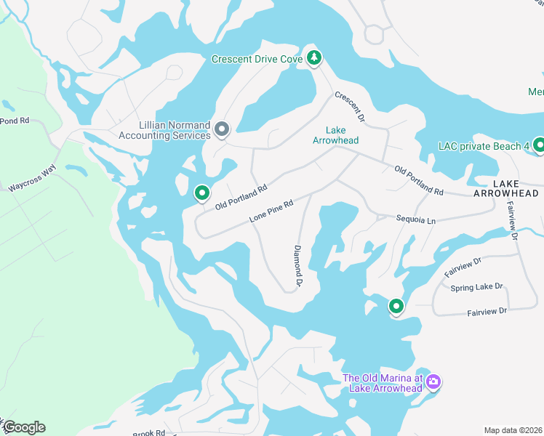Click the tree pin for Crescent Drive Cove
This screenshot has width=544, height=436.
click(313, 57)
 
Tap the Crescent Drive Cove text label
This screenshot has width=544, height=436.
click(257, 60)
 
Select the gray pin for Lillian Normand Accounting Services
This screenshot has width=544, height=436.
click(223, 130)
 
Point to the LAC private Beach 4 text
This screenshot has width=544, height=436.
click(484, 147)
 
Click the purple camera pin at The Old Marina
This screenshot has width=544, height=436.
click(433, 381)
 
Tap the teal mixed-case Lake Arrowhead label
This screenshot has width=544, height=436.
click(335, 135)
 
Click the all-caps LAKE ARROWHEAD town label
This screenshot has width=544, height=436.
click(506, 188)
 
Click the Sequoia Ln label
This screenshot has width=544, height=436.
click(415, 219)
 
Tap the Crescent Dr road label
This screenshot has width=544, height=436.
click(349, 106)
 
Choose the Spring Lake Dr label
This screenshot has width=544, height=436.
click(476, 287)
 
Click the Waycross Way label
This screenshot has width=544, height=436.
click(32, 179)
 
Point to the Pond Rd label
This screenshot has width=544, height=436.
click(14, 121)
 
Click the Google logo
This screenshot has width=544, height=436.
click(23, 427)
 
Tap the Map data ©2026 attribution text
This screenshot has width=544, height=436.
click(513, 430)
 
